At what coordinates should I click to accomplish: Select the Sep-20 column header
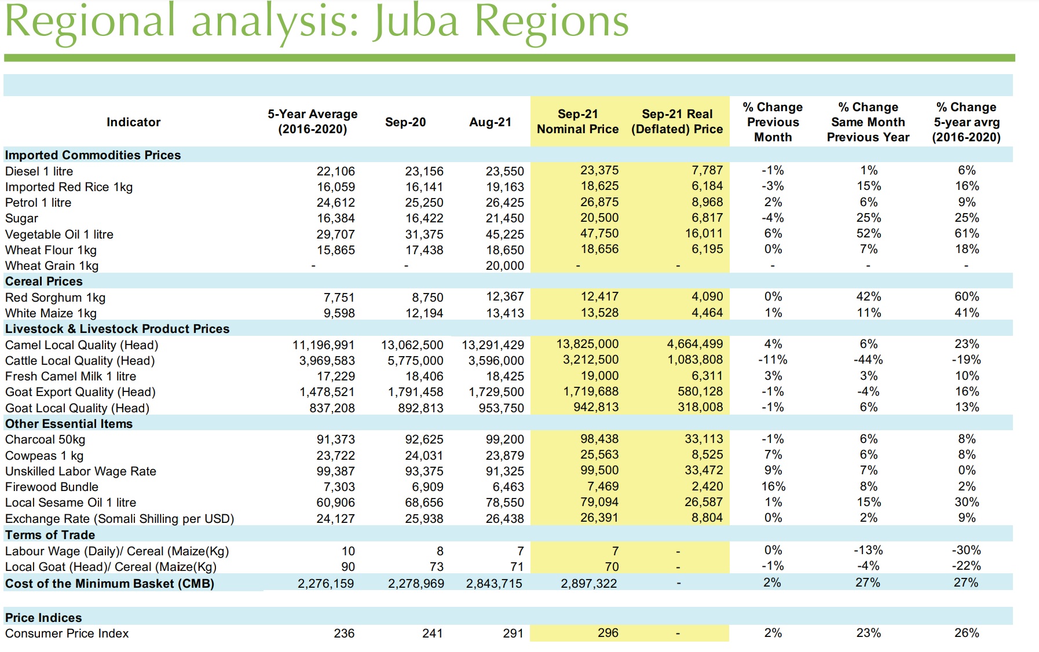pos(405,122)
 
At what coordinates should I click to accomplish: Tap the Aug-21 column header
pos(490,122)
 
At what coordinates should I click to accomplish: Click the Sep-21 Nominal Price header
pos(577,122)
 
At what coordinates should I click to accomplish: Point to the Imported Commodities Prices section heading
pos(93,155)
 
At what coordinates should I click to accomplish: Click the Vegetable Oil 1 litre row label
pos(59,235)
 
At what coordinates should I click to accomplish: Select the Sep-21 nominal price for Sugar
pos(599,218)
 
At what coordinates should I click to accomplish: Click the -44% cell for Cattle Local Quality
pos(868,360)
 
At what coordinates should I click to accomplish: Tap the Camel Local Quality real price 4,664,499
pos(694,344)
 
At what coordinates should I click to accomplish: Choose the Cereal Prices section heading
pos(44,281)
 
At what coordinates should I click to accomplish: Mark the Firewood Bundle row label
pos(52,487)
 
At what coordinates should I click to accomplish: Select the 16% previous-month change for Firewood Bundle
pos(773,486)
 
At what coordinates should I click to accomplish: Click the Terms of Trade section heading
pos(50,535)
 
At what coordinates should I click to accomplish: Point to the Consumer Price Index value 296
pos(608,633)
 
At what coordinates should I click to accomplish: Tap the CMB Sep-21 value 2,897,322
pos(588,584)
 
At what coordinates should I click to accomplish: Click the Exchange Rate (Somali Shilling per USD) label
pos(119,519)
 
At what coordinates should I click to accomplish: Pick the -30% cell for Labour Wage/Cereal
pos(966,550)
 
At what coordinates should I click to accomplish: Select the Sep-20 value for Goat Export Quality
pos(415,392)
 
